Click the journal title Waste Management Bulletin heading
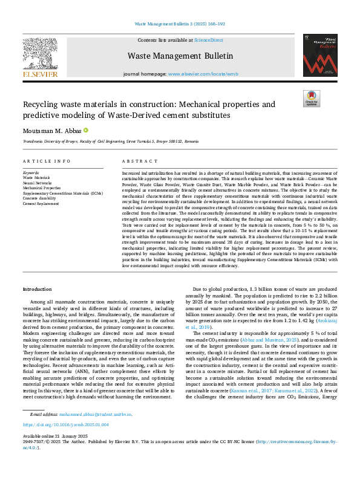(180, 56)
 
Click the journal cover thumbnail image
(320, 55)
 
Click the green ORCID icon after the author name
(86, 130)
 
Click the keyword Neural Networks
(38, 183)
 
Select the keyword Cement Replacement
(41, 204)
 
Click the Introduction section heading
(37, 290)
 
